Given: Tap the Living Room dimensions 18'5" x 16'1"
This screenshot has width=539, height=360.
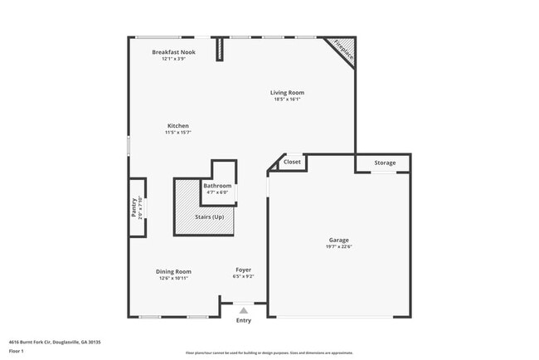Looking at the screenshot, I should [x=287, y=100].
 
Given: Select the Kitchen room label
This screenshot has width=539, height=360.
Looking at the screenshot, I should [x=177, y=125].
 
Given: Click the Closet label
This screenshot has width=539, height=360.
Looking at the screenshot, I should [x=292, y=163].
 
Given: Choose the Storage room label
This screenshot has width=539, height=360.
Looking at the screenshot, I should [x=385, y=163].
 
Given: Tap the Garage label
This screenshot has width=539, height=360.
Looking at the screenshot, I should [x=339, y=241].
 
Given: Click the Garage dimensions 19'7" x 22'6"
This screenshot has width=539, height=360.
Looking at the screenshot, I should [x=339, y=247].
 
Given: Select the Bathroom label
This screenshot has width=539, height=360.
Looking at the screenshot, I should [x=217, y=185].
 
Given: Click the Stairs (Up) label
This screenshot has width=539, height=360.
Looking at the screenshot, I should [x=209, y=217].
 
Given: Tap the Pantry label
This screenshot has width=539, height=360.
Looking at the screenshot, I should [x=134, y=207].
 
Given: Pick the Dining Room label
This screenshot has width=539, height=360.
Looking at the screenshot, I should [x=174, y=271].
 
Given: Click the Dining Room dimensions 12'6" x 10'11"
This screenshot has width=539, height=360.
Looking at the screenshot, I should [x=174, y=278].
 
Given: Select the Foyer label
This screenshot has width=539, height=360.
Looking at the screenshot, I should [x=243, y=270].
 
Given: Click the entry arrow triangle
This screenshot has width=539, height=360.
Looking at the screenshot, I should [x=243, y=309].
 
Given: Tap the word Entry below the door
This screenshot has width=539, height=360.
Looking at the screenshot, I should [x=243, y=320].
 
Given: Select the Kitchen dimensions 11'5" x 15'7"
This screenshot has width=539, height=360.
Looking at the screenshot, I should [x=177, y=132].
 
